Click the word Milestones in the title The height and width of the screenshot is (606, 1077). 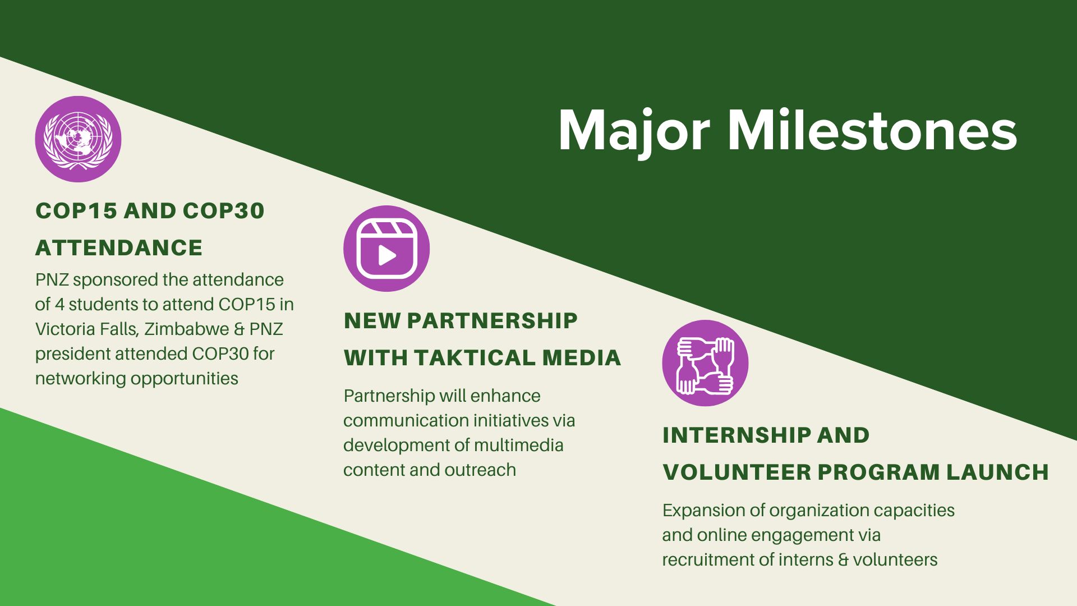click(872, 130)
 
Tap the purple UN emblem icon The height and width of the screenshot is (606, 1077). click(78, 139)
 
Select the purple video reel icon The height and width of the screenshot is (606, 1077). click(386, 249)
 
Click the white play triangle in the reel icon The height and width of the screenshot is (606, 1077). click(387, 255)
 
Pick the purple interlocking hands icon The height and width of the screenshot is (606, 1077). click(705, 363)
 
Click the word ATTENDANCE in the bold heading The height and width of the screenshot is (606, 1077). click(119, 248)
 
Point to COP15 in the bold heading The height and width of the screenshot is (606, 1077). click(76, 211)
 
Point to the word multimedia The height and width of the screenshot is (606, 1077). click(519, 446)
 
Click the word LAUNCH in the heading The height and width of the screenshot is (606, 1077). click(998, 472)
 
